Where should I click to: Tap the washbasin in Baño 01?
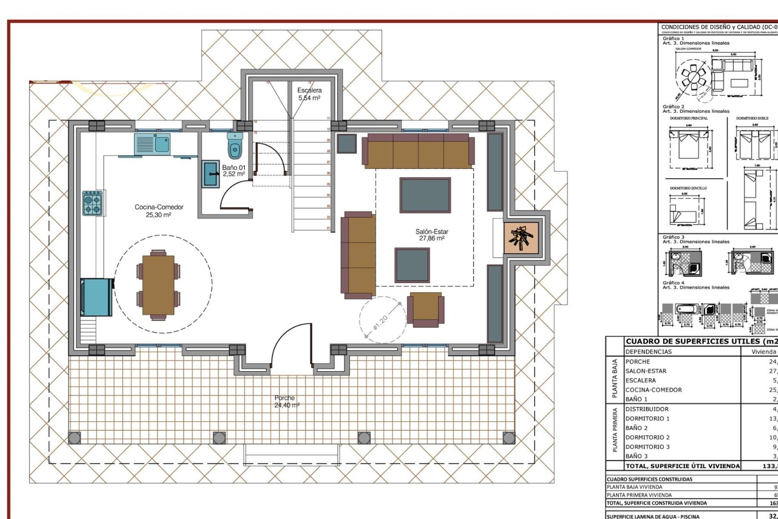pos(211,174)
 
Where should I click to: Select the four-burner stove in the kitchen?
pos(92,204)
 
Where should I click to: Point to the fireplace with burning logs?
pos(521,238)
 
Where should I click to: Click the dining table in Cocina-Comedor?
pos(158,285)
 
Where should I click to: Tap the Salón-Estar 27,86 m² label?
pos(432,235)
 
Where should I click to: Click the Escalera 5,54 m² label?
pos(310,94)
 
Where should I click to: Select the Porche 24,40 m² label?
pos(286,401)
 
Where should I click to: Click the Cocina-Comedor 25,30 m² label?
pos(159,211)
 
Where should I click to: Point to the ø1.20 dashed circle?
pos(382,320)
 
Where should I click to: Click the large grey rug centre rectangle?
pos(425,195)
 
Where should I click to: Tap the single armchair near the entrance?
pos(425,309)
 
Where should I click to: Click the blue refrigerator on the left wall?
pos(96,297)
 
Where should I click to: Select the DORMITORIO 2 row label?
pos(647,438)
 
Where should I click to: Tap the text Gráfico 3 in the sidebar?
pos(673,237)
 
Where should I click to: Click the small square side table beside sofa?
pos(346,143)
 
